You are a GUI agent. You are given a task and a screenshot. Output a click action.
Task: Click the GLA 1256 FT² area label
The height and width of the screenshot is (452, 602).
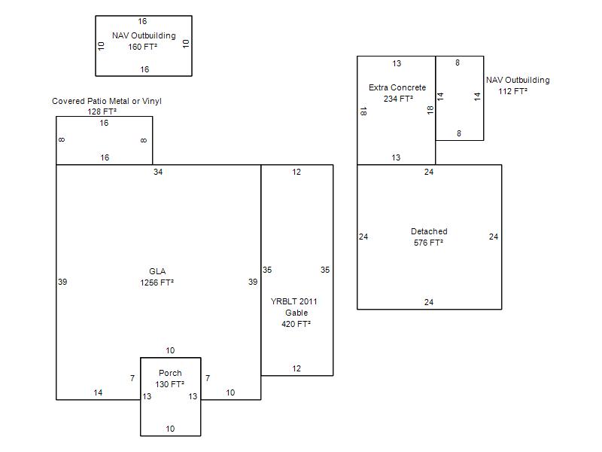point(157,277)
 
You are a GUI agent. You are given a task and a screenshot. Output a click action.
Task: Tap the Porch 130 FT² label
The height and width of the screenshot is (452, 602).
point(170,379)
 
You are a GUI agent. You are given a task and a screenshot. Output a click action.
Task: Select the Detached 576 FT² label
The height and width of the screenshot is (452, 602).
point(429,237)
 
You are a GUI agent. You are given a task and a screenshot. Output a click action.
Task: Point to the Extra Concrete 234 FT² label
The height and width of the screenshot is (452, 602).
point(397,93)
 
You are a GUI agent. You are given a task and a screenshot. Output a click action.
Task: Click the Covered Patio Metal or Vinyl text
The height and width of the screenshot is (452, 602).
point(107,101)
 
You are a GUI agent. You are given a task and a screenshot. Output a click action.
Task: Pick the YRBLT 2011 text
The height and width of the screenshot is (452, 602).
point(293,301)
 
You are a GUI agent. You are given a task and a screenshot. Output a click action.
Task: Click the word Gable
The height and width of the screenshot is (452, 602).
point(296,313)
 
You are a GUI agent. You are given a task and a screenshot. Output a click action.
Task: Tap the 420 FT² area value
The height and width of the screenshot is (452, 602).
point(296,324)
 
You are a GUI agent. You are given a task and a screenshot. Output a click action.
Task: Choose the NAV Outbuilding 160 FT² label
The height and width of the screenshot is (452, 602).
point(144,41)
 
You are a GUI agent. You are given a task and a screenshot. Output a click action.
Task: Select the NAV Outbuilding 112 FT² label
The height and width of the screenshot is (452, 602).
point(518,86)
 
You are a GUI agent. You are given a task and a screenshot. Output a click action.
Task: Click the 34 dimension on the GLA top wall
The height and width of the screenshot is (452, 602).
point(158,172)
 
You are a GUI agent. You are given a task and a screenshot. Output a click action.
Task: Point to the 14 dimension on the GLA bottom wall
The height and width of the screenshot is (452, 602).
point(98,392)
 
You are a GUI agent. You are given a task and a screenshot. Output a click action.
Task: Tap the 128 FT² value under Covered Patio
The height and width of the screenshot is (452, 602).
point(102,111)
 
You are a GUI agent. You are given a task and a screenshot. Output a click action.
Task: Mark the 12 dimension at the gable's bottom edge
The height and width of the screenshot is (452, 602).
point(296,368)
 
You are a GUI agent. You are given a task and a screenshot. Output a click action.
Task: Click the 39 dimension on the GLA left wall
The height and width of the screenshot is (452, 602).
point(62,282)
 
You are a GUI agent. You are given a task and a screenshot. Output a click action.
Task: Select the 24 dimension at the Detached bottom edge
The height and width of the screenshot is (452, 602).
point(429,302)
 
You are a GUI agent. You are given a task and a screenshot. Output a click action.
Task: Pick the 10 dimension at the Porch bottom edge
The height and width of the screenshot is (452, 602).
point(170,429)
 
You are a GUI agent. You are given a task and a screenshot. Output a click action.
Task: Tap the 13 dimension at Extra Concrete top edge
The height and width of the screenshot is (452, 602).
point(397,63)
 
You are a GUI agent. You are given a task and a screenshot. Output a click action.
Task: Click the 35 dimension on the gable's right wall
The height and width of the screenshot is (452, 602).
point(325,270)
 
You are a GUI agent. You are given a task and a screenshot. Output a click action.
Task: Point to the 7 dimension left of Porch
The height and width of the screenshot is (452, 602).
point(132,378)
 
